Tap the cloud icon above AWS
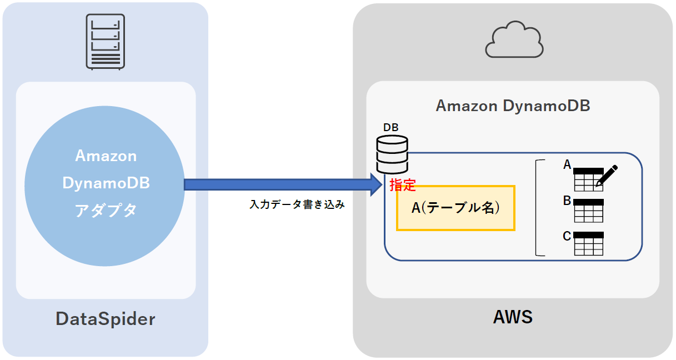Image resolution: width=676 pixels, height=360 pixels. coord(513,40)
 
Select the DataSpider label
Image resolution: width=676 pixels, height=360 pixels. coord(106,319)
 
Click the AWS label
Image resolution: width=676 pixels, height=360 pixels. coord(513,317)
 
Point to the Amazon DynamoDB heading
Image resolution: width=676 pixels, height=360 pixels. coord(513,106)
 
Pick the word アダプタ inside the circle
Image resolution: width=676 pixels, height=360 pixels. coord(106,211)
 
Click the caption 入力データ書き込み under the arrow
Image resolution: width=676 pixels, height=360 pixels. coord(297,205)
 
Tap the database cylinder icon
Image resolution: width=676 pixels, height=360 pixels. coord(392,155)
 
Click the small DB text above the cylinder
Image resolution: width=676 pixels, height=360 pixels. coord(391,128)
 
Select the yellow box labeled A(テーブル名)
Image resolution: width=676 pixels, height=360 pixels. coord(455,208)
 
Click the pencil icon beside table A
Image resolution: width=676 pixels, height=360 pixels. coord(607,175)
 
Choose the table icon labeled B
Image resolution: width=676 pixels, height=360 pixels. coord(588,211)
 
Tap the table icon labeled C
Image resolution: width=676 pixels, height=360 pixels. coord(588,243)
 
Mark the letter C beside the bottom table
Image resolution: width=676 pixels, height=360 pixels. coord(567,236)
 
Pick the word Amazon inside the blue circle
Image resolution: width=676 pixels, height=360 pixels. coord(106,156)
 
